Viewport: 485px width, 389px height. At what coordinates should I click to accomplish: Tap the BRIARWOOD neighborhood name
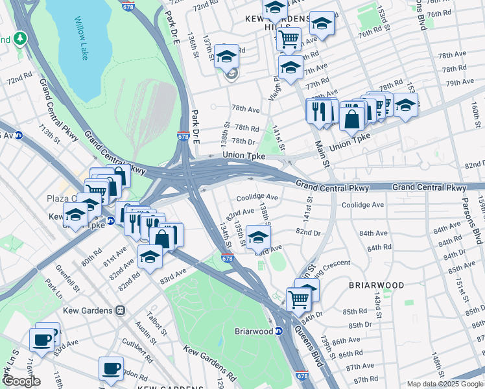[376, 285]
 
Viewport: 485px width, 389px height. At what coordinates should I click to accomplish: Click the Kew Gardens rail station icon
[120, 310]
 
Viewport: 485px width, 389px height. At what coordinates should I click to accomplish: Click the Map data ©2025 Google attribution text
[444, 384]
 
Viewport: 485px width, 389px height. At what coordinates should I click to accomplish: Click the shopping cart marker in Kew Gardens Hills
[289, 38]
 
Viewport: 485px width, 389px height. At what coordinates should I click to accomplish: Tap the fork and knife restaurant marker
[318, 111]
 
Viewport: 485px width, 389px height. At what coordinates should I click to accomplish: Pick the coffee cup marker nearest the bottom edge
[111, 368]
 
